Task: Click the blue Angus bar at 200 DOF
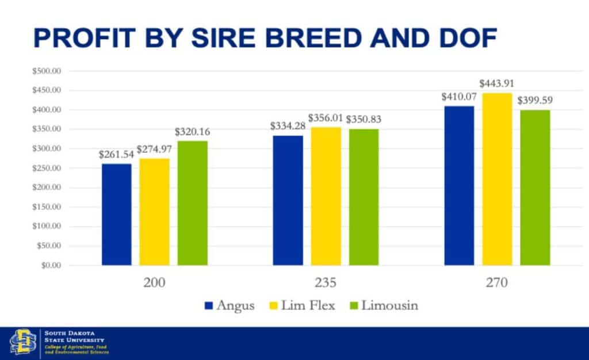[117, 214]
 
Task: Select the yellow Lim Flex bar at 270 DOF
[497, 179]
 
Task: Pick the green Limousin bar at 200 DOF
[192, 203]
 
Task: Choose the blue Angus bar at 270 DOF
[459, 185]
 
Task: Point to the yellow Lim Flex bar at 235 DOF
[326, 196]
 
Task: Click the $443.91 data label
[497, 85]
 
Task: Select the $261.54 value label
[117, 155]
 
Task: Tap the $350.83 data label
[363, 120]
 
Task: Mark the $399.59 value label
[535, 100]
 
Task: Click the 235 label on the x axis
[326, 284]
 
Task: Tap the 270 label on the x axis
[497, 284]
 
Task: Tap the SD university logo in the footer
[22, 343]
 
